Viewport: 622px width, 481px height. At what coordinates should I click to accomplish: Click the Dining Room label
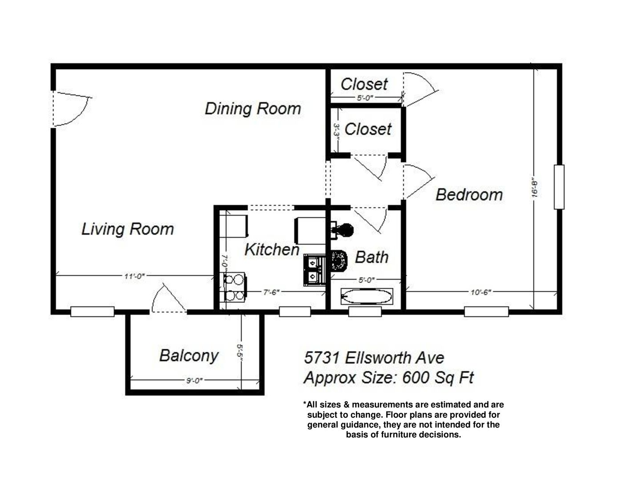(253, 109)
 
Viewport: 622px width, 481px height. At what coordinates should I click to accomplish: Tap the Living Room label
(128, 229)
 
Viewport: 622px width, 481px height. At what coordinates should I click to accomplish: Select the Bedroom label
(469, 195)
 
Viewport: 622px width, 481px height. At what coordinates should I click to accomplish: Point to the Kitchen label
(272, 249)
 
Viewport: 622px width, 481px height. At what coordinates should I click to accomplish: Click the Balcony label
(189, 356)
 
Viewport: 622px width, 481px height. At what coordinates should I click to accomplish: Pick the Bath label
(372, 257)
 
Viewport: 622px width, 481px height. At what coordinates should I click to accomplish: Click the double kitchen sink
(315, 270)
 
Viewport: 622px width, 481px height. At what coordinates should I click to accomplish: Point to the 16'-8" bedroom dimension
(534, 188)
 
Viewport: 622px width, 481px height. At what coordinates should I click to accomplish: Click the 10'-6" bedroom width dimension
(481, 292)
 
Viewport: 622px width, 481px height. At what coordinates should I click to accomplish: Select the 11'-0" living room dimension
(134, 276)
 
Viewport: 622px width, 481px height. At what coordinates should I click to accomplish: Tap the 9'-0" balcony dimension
(194, 381)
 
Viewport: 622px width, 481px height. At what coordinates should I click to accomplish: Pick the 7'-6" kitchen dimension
(271, 292)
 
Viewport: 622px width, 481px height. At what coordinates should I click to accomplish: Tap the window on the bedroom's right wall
(559, 187)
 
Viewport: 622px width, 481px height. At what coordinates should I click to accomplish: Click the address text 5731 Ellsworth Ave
(374, 358)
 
